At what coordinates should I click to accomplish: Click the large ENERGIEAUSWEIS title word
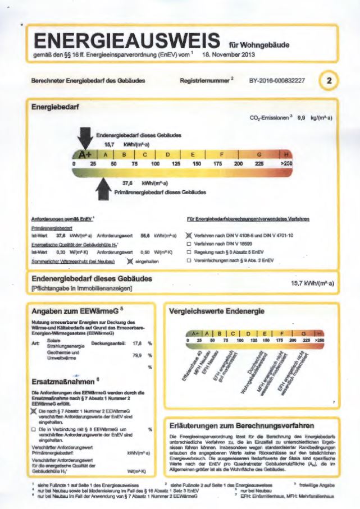pos(126,41)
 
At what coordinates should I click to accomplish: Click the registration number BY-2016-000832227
pos(277,81)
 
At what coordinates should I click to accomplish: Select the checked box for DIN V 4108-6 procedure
pos(189,236)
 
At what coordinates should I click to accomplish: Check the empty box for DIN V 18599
pos(189,244)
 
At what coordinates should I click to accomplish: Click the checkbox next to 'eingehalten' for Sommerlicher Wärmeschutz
pos(130,261)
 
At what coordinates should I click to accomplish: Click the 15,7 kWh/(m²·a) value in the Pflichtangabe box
pos(312,284)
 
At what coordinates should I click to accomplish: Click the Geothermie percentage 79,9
pos(136,355)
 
